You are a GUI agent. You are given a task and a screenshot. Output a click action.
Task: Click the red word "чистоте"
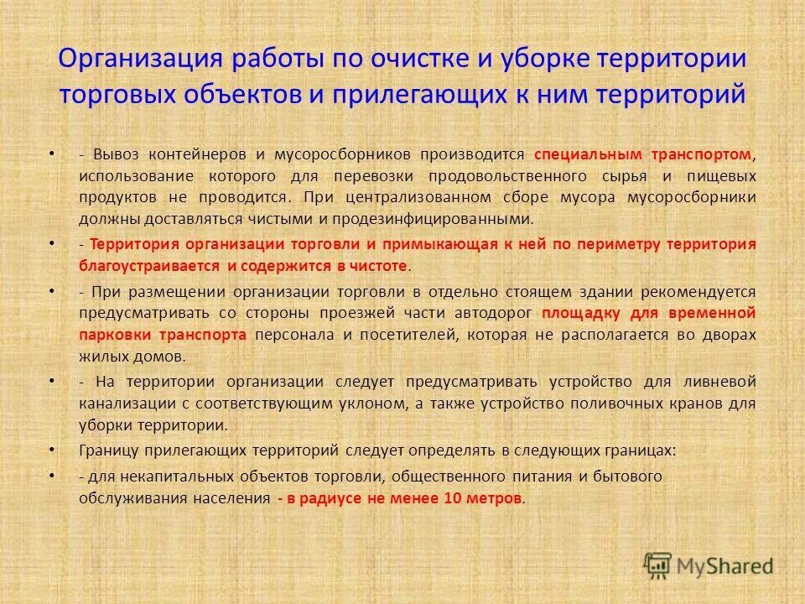coord(381,265)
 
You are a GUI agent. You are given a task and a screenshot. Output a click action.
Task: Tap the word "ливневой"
coord(724,381)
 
